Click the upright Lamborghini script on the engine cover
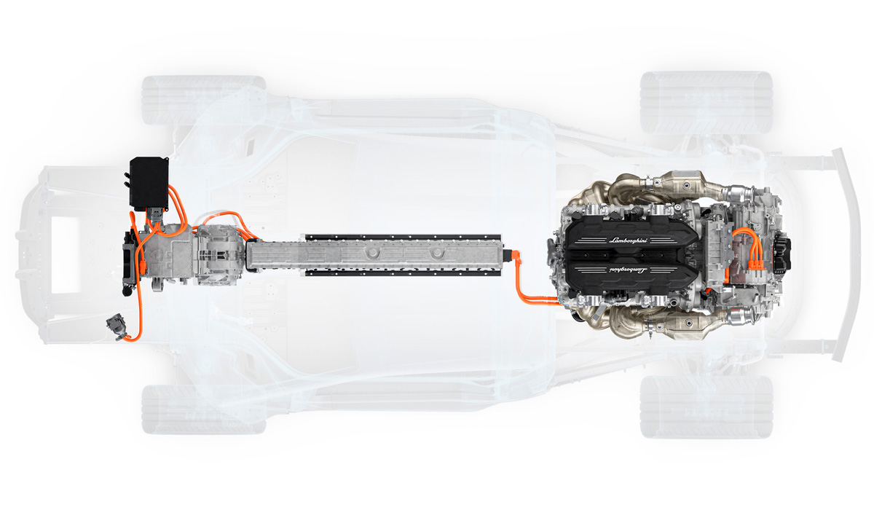[628, 240]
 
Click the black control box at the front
[149, 184]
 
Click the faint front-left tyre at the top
[203, 100]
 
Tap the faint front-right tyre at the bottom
[203, 409]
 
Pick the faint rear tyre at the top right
[706, 102]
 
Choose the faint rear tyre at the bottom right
[706, 407]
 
